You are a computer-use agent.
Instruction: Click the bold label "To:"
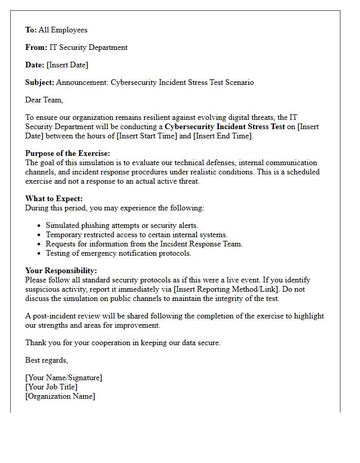[x=31, y=30]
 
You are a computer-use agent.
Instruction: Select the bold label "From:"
[x=36, y=48]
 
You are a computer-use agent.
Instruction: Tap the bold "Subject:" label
[x=40, y=82]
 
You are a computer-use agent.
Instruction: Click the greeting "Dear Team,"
[x=44, y=100]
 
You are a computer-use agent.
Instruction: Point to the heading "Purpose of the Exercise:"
[x=68, y=153]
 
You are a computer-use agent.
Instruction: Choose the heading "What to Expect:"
[x=54, y=199]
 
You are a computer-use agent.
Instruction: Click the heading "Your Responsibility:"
[x=61, y=271]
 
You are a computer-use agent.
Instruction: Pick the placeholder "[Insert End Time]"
[x=223, y=136]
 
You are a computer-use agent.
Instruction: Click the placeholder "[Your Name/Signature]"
[x=64, y=378]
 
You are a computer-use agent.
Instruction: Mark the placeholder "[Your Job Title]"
[x=51, y=387]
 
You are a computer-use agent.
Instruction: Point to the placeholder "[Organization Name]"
[x=60, y=396]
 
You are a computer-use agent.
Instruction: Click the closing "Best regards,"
[x=47, y=360]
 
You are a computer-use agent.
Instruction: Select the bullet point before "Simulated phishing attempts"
[x=40, y=226]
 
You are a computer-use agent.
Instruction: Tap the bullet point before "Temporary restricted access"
[x=40, y=235]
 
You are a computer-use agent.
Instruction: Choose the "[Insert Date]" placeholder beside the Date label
[x=67, y=65]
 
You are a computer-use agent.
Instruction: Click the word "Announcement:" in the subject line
[x=82, y=82]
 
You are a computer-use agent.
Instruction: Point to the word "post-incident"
[x=53, y=316]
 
